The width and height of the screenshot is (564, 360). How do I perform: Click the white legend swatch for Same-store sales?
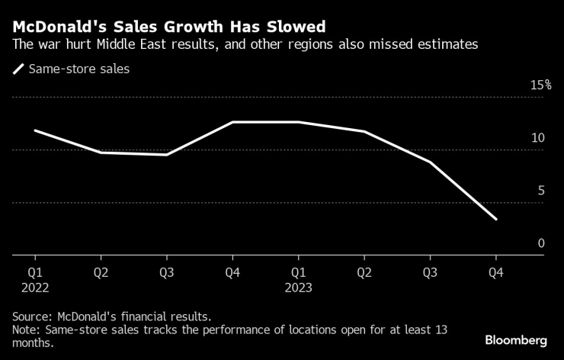[x=18, y=69]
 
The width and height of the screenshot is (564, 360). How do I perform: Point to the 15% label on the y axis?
[x=540, y=85]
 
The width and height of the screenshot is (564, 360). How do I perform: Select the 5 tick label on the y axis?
[x=540, y=191]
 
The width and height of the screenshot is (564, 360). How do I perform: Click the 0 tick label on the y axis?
[x=540, y=243]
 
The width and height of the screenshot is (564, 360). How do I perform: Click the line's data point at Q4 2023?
[x=497, y=220]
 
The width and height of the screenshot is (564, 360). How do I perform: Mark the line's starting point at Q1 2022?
[x=35, y=130]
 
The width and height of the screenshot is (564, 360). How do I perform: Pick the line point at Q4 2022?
[x=233, y=122]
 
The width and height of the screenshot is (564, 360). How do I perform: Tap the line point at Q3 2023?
[x=431, y=162]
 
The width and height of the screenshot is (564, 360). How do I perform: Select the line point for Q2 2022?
[x=101, y=153]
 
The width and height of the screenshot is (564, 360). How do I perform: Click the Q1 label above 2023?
[x=299, y=272]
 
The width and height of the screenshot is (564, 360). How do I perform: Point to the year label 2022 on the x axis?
[x=35, y=288]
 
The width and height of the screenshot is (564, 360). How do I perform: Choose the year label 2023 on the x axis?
[x=299, y=288]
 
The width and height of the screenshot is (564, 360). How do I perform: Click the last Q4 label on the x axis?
[x=497, y=272]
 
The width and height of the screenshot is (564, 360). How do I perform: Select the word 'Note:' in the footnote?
[x=27, y=329]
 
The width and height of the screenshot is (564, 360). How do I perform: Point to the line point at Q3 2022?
[x=167, y=155]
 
